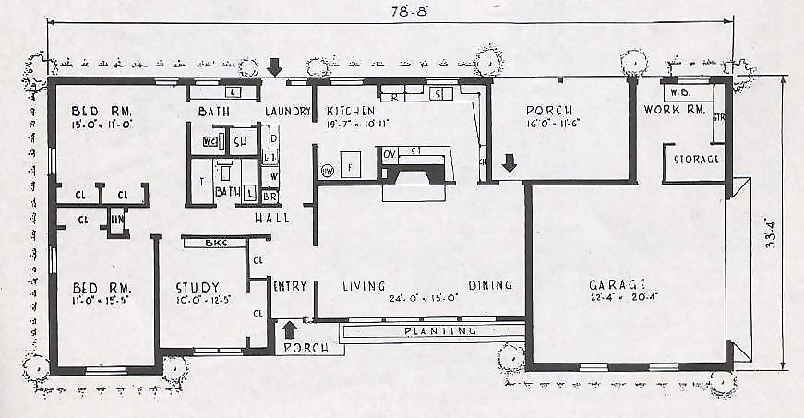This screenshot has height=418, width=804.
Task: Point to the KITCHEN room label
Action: (x=351, y=111)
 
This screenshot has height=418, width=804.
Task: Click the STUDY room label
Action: (x=198, y=287)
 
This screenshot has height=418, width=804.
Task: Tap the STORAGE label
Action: (x=696, y=160)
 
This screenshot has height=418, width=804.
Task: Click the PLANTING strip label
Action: (x=439, y=330)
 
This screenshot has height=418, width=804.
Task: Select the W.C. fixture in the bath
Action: (x=210, y=141)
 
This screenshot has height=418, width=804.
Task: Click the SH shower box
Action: (x=240, y=141)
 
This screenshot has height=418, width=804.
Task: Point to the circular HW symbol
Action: (x=327, y=171)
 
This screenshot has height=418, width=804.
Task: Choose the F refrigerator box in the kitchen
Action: (x=351, y=168)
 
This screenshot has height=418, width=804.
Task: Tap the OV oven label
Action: (x=390, y=152)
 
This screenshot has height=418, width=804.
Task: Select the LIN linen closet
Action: (x=116, y=220)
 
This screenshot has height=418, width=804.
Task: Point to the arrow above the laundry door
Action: (x=274, y=67)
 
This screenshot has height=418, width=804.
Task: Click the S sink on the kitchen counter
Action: (x=438, y=93)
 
